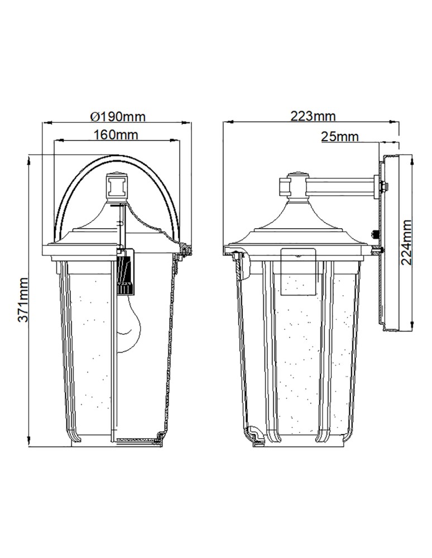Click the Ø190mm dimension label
(x=118, y=117)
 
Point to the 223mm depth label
(x=313, y=116)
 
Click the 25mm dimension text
(x=340, y=136)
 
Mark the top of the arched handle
(x=117, y=157)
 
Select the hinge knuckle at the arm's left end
(x=291, y=186)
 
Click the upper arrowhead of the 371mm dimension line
(x=29, y=159)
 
